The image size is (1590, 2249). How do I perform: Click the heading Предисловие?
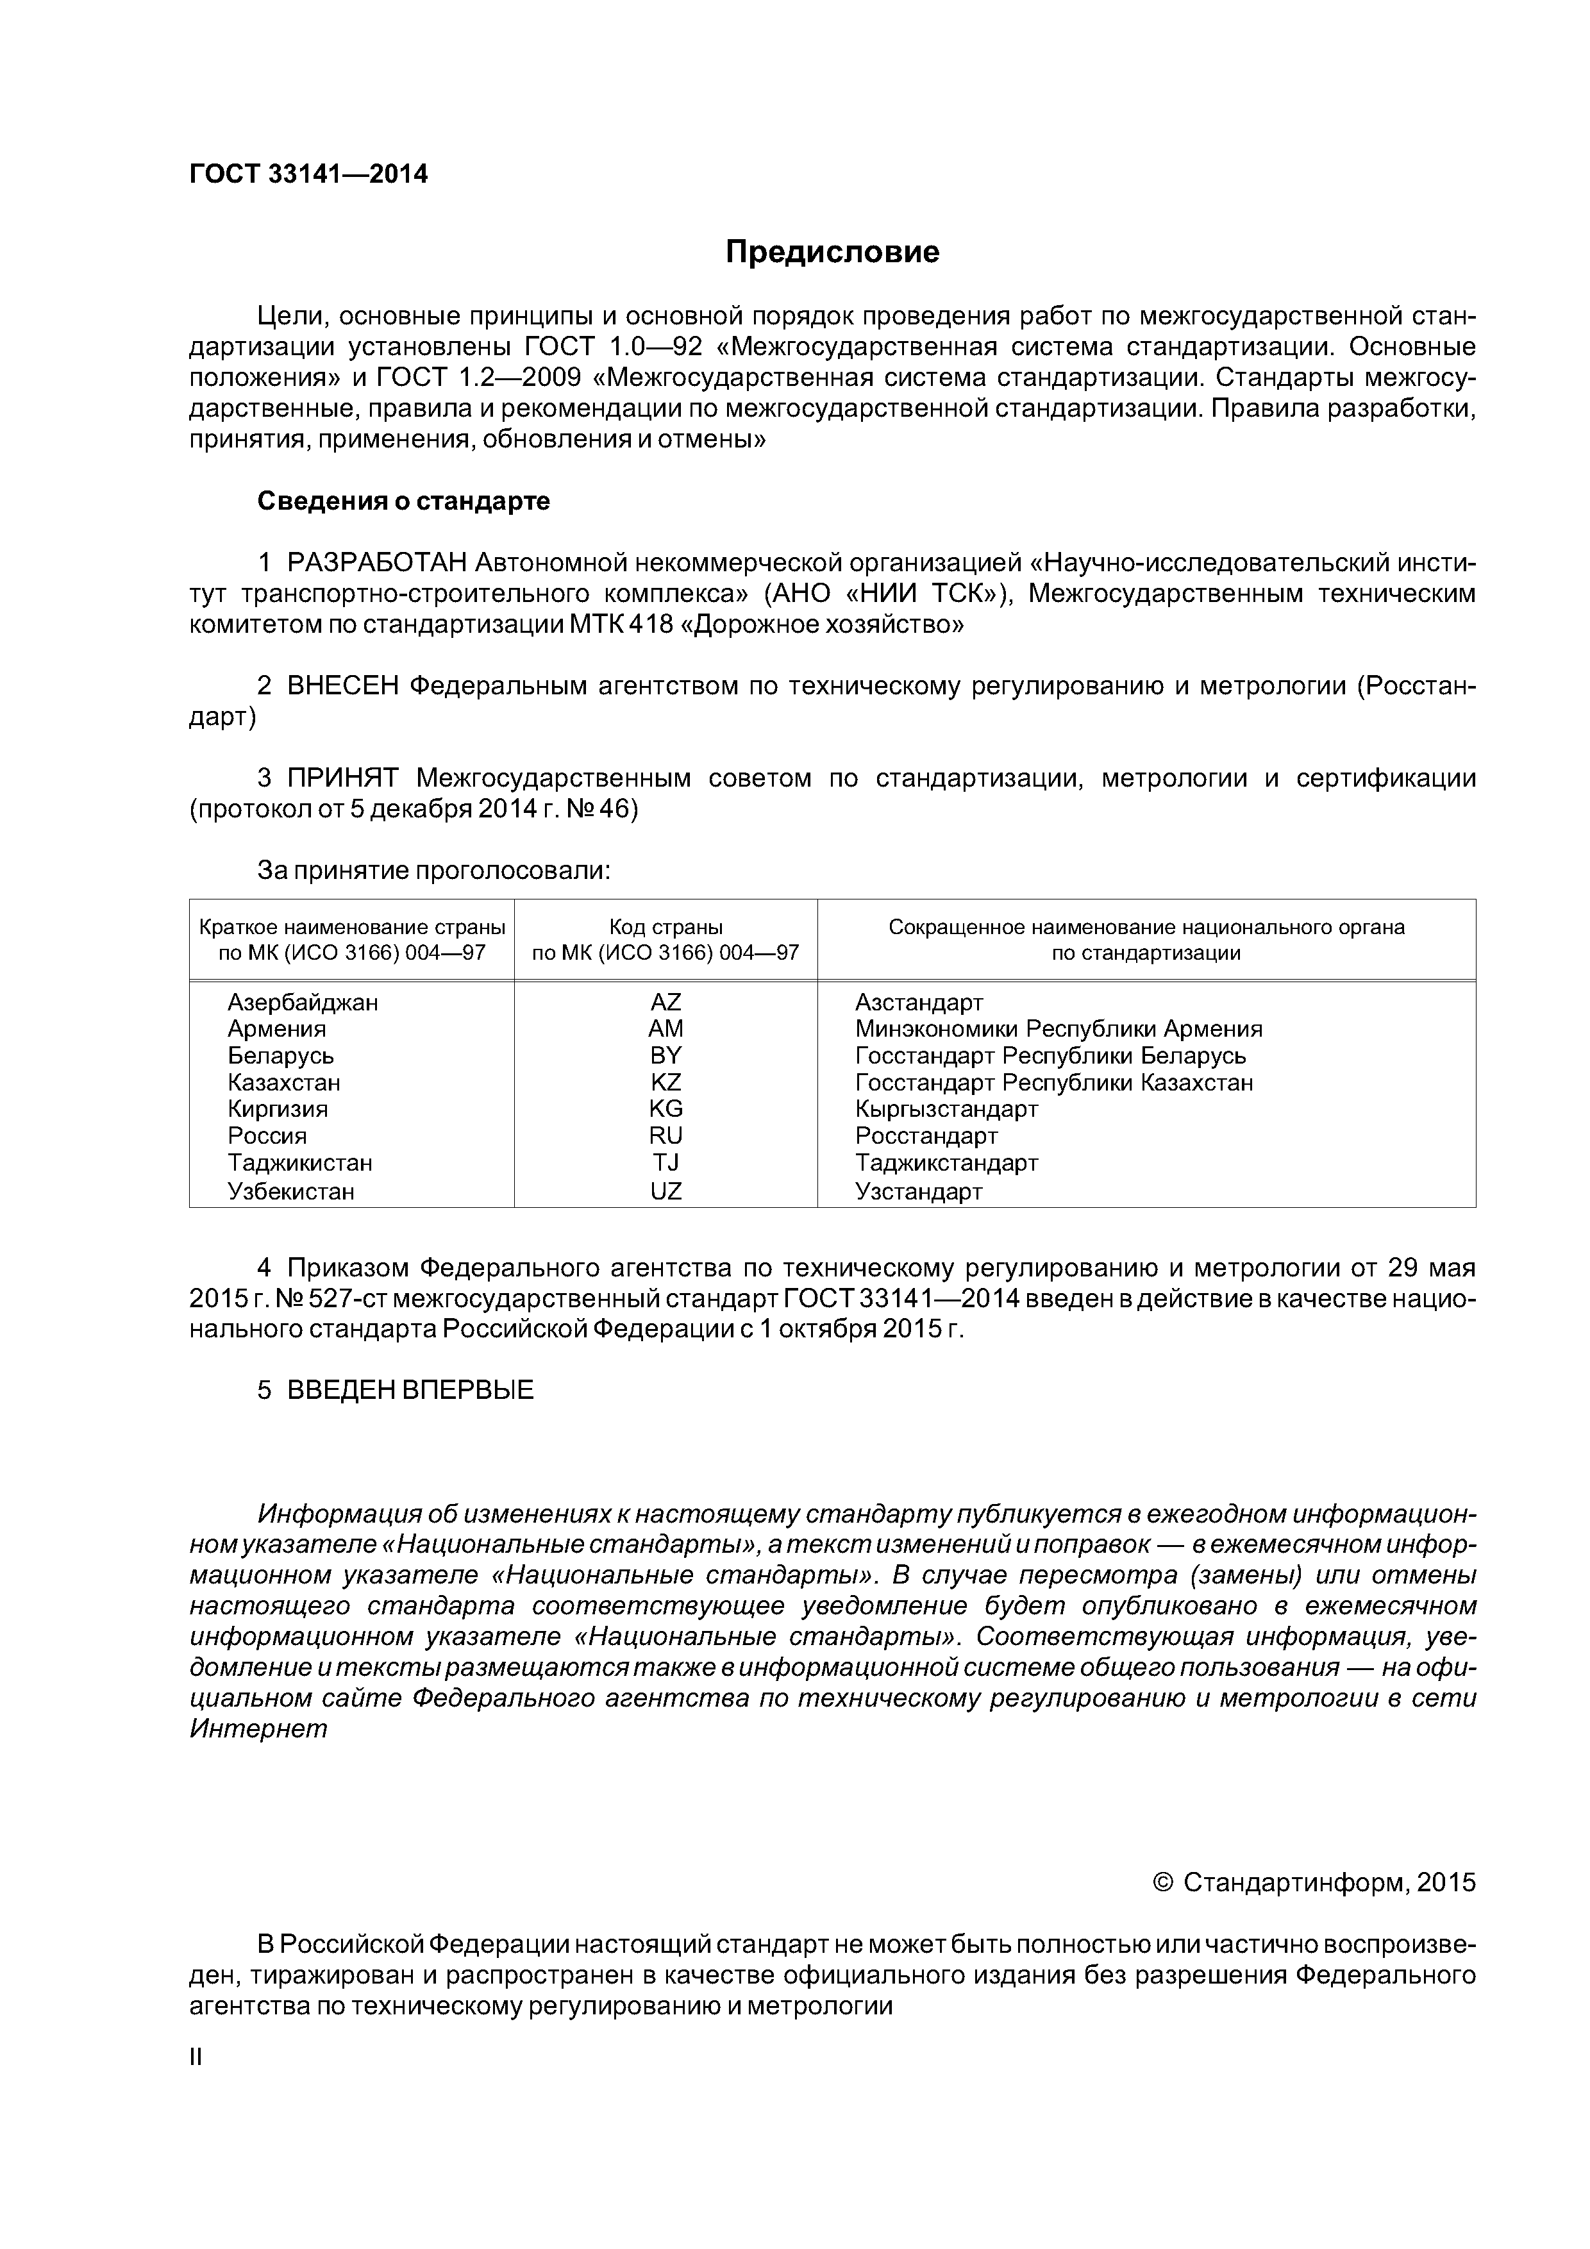click(832, 253)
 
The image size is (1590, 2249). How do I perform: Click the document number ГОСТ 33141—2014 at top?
click(308, 174)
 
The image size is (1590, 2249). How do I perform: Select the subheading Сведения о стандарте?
click(404, 501)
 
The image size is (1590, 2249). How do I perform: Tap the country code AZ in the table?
click(665, 1002)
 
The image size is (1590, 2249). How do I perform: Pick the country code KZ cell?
click(665, 1082)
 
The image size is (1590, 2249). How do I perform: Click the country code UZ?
click(665, 1191)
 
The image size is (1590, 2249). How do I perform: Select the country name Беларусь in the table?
click(281, 1056)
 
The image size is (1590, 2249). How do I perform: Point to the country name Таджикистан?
click(300, 1163)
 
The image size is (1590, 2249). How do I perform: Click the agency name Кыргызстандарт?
click(946, 1109)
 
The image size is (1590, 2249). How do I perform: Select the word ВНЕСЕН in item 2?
click(343, 686)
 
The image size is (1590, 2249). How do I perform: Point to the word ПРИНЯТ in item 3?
click(343, 779)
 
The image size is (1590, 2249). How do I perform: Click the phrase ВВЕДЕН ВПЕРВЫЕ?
click(410, 1390)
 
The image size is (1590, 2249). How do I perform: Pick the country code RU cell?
click(665, 1136)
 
